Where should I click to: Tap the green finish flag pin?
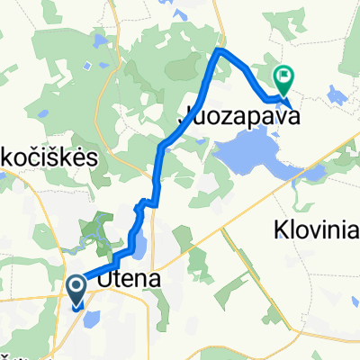(x=283, y=78)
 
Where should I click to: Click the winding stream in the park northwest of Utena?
(x=94, y=237)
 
